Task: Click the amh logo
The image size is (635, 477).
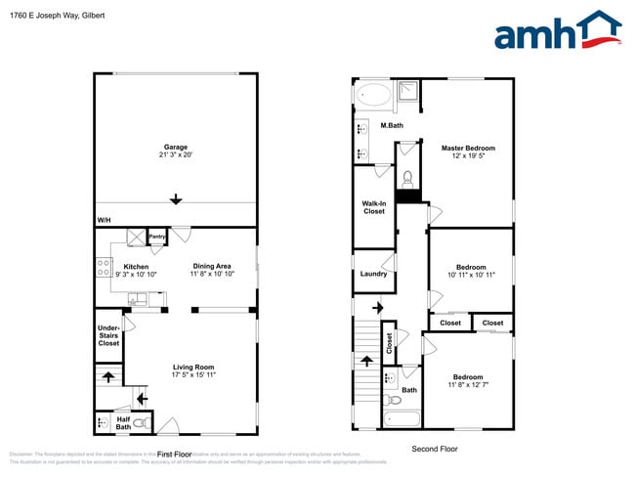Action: (557, 31)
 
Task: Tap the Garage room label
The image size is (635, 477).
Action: (176, 148)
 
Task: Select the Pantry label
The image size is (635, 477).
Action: (157, 237)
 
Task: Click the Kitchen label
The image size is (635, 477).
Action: (136, 266)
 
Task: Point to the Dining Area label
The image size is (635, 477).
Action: (211, 266)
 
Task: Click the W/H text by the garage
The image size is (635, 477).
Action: (104, 220)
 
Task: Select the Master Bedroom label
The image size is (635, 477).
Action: (468, 149)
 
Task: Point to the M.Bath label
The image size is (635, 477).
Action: (392, 125)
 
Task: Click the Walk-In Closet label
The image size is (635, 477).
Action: (373, 206)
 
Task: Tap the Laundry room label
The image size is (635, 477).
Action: (373, 274)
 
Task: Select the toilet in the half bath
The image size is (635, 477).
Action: (141, 423)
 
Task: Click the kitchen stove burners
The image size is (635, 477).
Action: (103, 268)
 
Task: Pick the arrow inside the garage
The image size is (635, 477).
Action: (176, 199)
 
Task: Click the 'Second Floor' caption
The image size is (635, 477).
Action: (434, 449)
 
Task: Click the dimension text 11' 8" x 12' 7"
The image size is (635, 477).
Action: (468, 386)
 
